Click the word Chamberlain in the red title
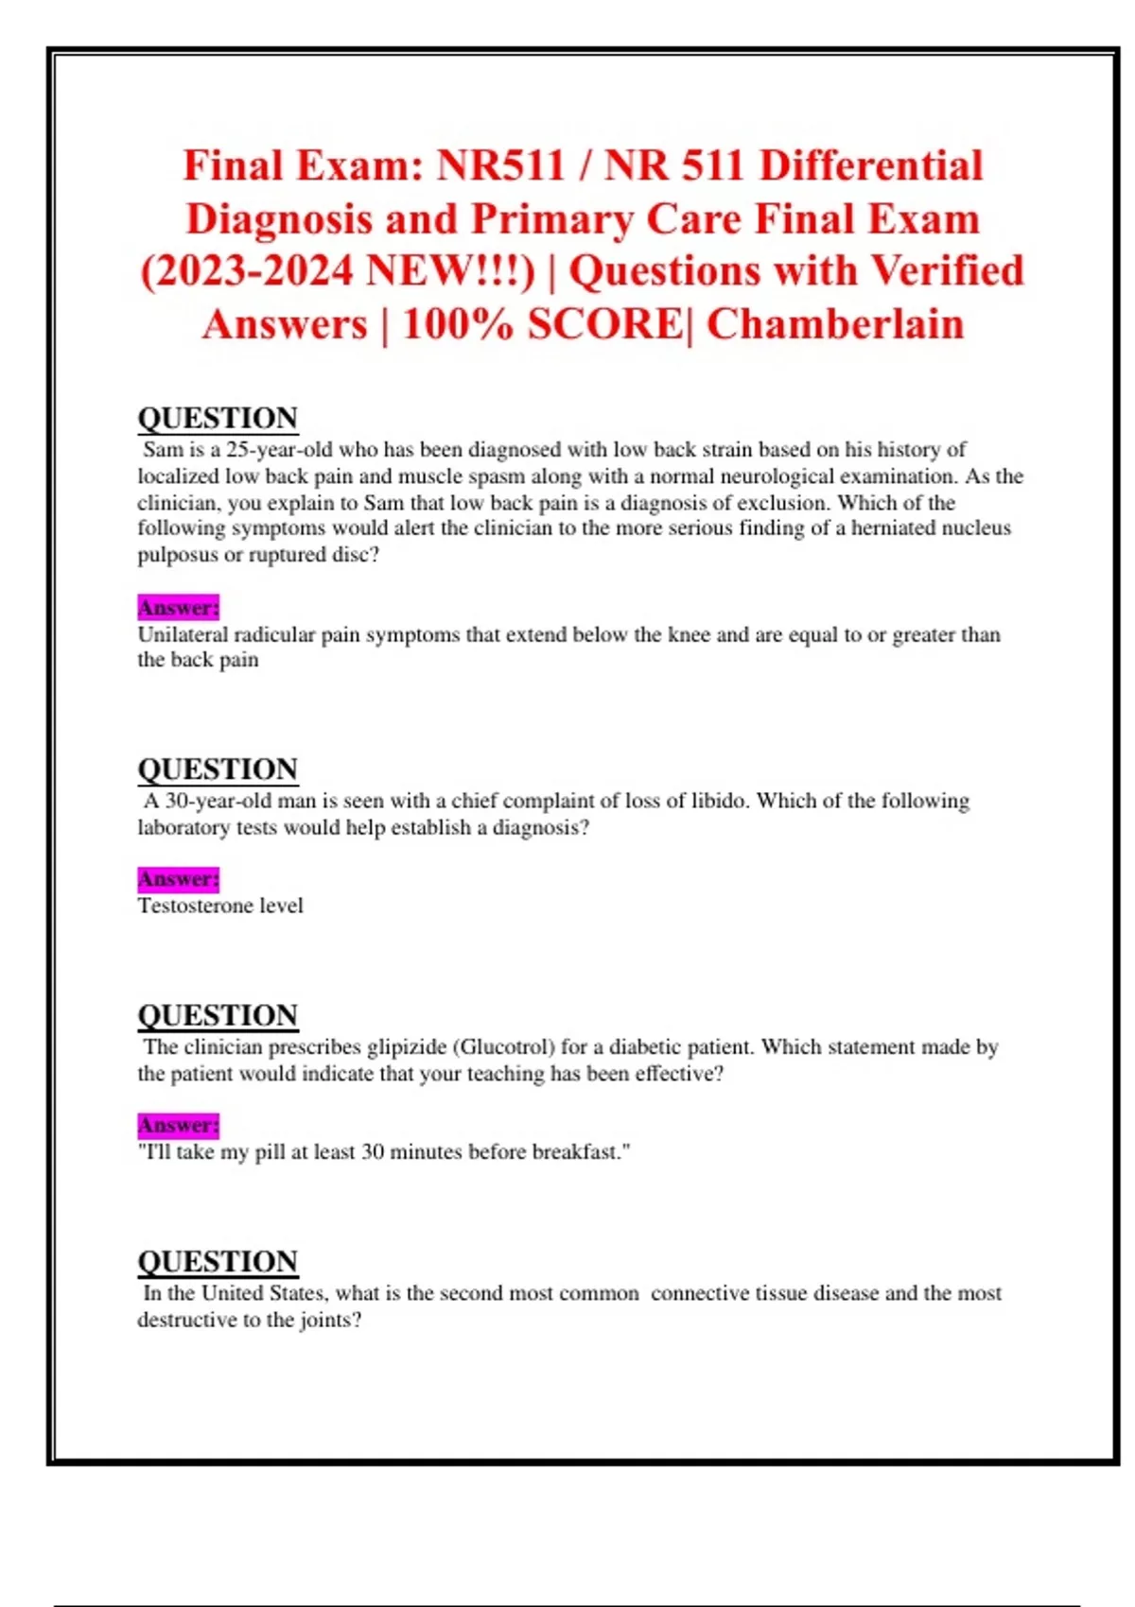click(835, 324)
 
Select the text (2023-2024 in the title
click(246, 271)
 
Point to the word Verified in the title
click(947, 271)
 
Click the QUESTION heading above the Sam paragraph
click(218, 418)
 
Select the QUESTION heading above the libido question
click(218, 769)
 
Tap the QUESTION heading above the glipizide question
click(218, 1015)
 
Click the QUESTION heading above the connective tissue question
click(218, 1262)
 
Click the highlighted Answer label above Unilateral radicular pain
click(178, 607)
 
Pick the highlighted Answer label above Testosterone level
click(178, 879)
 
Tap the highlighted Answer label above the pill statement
click(178, 1125)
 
